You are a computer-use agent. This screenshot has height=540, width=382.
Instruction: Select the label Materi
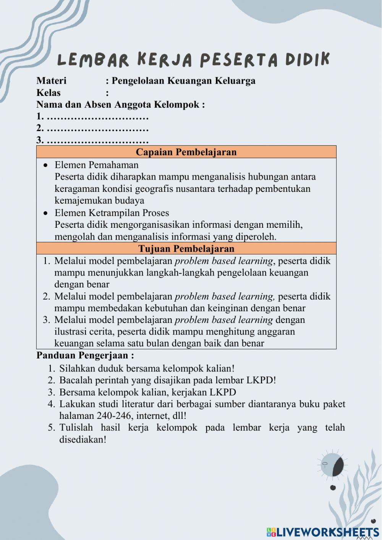tap(51, 81)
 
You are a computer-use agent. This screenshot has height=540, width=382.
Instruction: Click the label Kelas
tap(48, 92)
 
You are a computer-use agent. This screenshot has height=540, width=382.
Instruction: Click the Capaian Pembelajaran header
tap(186, 152)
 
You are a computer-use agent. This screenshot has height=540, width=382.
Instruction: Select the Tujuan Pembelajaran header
tap(186, 248)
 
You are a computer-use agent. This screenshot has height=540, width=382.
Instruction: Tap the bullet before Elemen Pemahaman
tap(46, 165)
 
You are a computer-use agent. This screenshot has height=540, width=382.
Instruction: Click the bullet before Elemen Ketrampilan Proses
tap(46, 213)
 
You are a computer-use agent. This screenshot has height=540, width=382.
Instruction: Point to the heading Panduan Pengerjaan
tap(85, 355)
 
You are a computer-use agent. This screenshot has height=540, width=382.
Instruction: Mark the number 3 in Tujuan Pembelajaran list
tap(46, 320)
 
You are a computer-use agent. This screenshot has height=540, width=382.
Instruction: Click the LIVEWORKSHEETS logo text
tap(327, 532)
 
